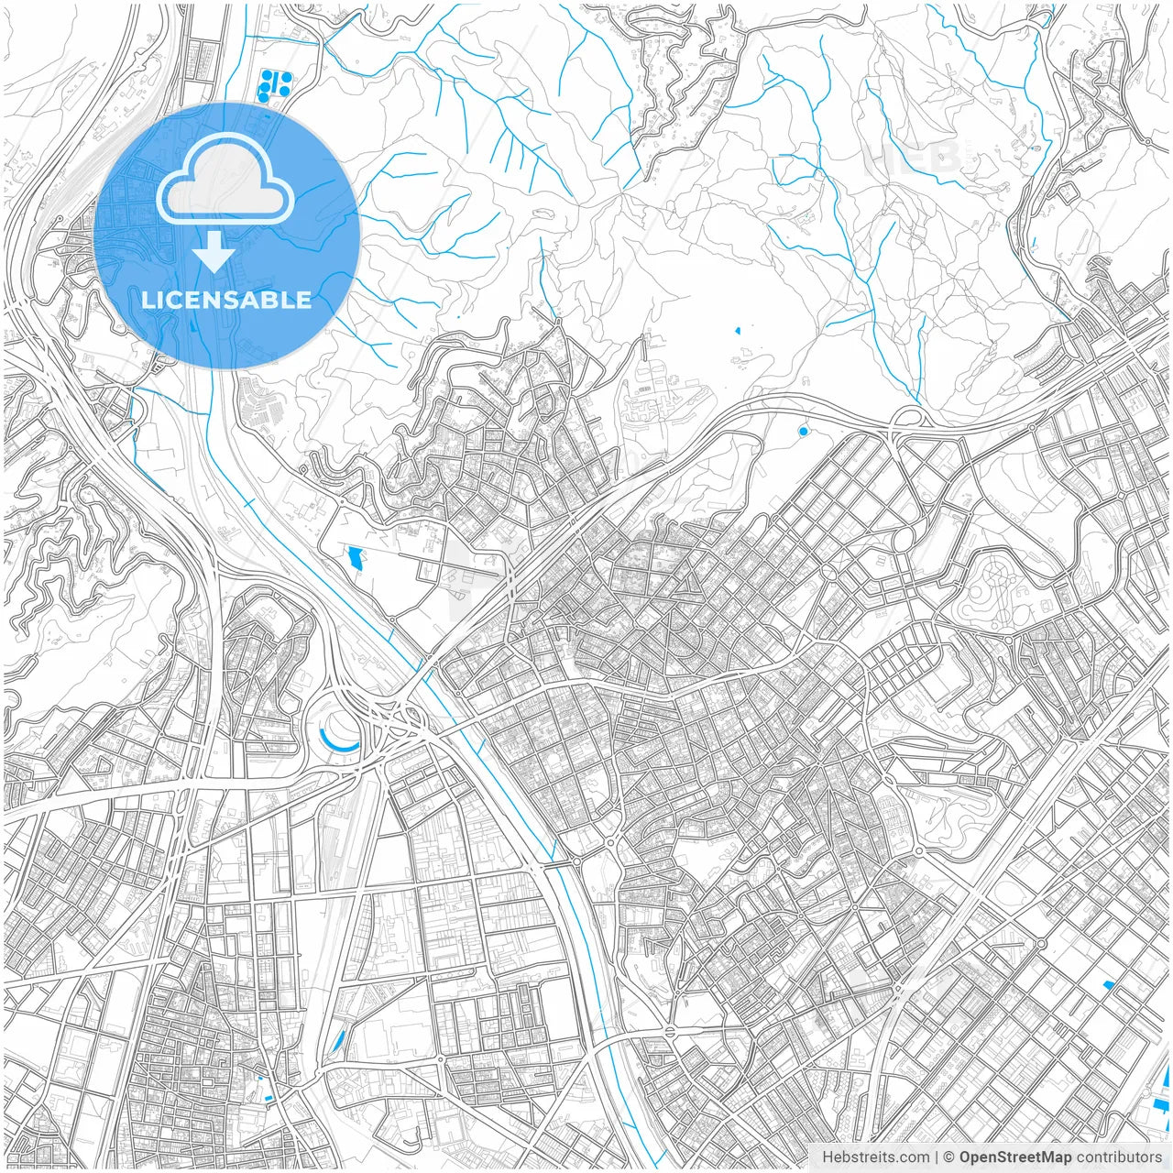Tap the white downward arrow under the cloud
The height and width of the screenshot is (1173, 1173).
(x=215, y=252)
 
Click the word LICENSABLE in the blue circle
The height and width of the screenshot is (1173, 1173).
(x=226, y=300)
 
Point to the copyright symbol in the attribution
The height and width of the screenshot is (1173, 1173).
(x=949, y=1157)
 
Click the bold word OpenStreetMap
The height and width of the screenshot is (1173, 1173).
(x=1014, y=1157)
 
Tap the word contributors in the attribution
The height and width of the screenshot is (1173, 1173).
(x=1119, y=1157)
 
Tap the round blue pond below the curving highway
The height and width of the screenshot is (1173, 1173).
(x=804, y=431)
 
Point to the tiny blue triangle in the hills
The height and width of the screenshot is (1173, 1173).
(x=738, y=329)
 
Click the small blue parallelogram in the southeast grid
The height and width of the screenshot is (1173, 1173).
(x=1108, y=985)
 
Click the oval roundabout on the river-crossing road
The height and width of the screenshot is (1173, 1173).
(x=674, y=1032)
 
